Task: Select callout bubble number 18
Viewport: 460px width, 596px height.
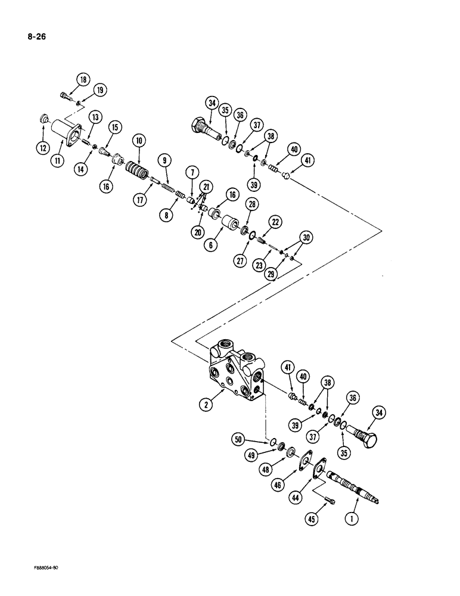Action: pos(82,79)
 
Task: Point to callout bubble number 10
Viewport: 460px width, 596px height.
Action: pos(139,141)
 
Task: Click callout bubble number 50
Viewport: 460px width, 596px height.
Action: pos(240,440)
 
